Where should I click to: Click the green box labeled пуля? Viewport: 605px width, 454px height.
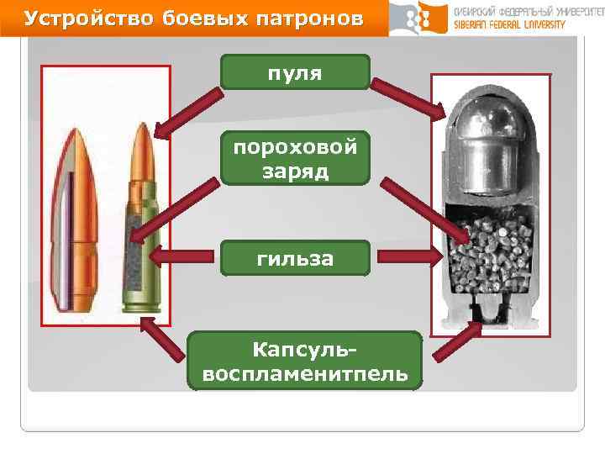click(x=295, y=71)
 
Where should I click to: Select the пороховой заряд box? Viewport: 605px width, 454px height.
click(x=295, y=157)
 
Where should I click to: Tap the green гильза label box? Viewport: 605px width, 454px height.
click(x=295, y=258)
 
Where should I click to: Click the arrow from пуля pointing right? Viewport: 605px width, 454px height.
click(x=408, y=97)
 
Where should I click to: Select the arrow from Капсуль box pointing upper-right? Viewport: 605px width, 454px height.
click(x=455, y=345)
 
